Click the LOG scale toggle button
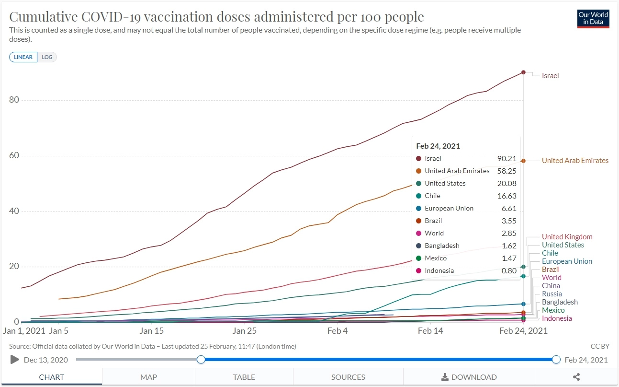coord(47,57)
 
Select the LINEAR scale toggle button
coord(23,57)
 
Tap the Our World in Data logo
coord(593,19)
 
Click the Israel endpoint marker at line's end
coord(523,72)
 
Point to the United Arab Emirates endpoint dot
coord(523,161)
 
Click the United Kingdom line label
coord(567,237)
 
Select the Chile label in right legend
coord(550,253)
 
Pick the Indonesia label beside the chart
coord(557,318)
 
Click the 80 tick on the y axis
coord(14,100)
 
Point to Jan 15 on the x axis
coord(151,331)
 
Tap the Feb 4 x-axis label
coord(338,331)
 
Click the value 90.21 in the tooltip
coord(507,158)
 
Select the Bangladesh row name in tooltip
coord(442,246)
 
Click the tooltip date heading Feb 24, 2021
coord(438,146)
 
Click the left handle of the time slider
coord(201,360)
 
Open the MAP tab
coord(148,377)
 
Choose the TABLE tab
coord(244,377)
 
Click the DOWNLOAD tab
coord(469,377)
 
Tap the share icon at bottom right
coord(576,377)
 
